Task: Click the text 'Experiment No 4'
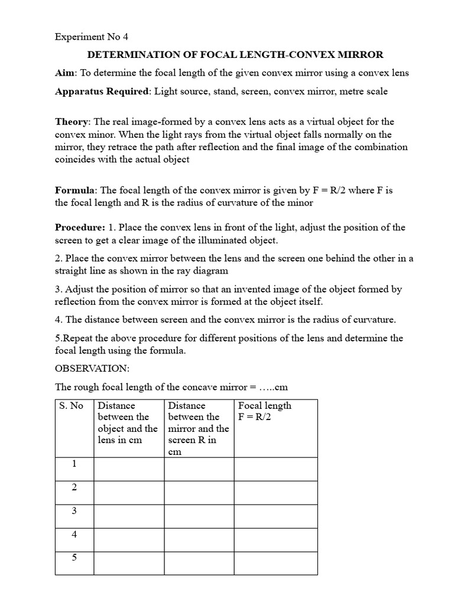click(x=91, y=37)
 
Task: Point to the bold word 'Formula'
click(x=75, y=190)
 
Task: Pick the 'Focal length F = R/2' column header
click(x=264, y=411)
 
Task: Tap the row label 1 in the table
click(x=74, y=464)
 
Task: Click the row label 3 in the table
click(x=74, y=511)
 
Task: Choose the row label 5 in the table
click(x=74, y=558)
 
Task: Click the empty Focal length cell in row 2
click(x=275, y=493)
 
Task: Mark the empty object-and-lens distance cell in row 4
click(x=129, y=539)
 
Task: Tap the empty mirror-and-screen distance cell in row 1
click(x=199, y=469)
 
